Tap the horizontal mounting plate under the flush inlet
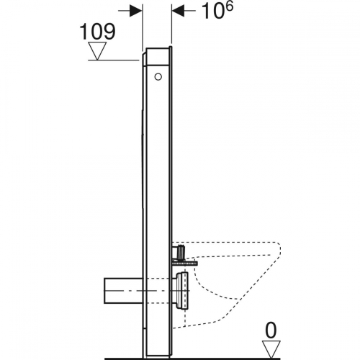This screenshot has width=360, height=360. (x=184, y=262)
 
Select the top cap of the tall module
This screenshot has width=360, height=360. (x=158, y=48)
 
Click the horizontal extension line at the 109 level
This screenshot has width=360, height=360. (x=115, y=60)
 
